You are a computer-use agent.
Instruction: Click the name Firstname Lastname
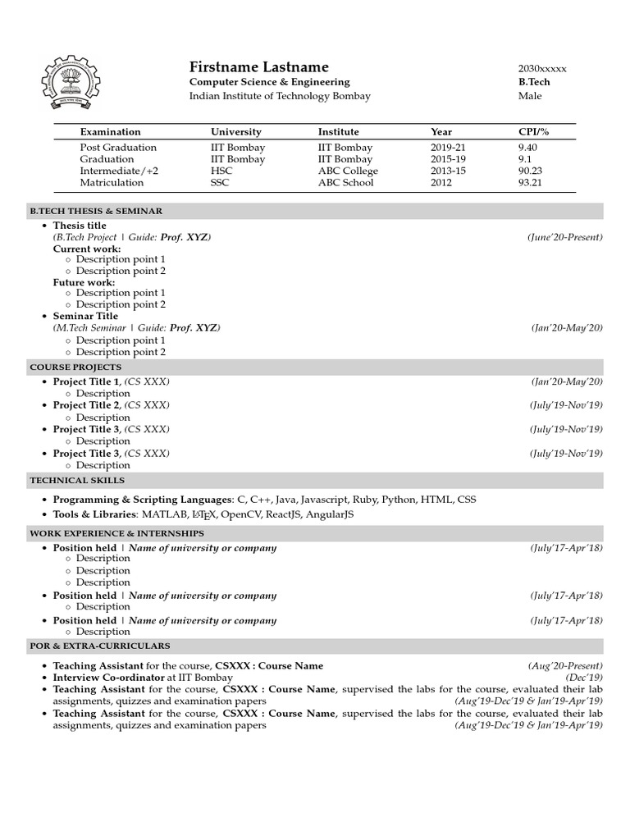click(x=258, y=66)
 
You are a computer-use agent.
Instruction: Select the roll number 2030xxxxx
click(x=542, y=68)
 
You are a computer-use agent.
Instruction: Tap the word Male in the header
click(x=530, y=96)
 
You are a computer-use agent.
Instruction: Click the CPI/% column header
click(x=533, y=131)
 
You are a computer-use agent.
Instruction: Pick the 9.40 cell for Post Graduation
click(x=529, y=148)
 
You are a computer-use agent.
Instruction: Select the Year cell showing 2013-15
click(x=448, y=171)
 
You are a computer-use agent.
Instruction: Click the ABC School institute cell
click(x=345, y=182)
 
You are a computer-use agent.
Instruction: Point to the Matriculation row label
click(x=112, y=182)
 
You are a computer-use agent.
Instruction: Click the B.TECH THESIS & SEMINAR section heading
click(x=96, y=211)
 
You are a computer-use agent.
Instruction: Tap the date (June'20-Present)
click(x=564, y=237)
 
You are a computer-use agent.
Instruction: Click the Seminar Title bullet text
click(x=85, y=316)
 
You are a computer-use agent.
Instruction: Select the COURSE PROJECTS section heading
click(x=75, y=367)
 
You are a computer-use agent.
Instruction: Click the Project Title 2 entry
click(x=86, y=405)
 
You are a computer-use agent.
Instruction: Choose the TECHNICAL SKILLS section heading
click(x=77, y=480)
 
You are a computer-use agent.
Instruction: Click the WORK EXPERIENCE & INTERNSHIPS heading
click(x=116, y=533)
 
